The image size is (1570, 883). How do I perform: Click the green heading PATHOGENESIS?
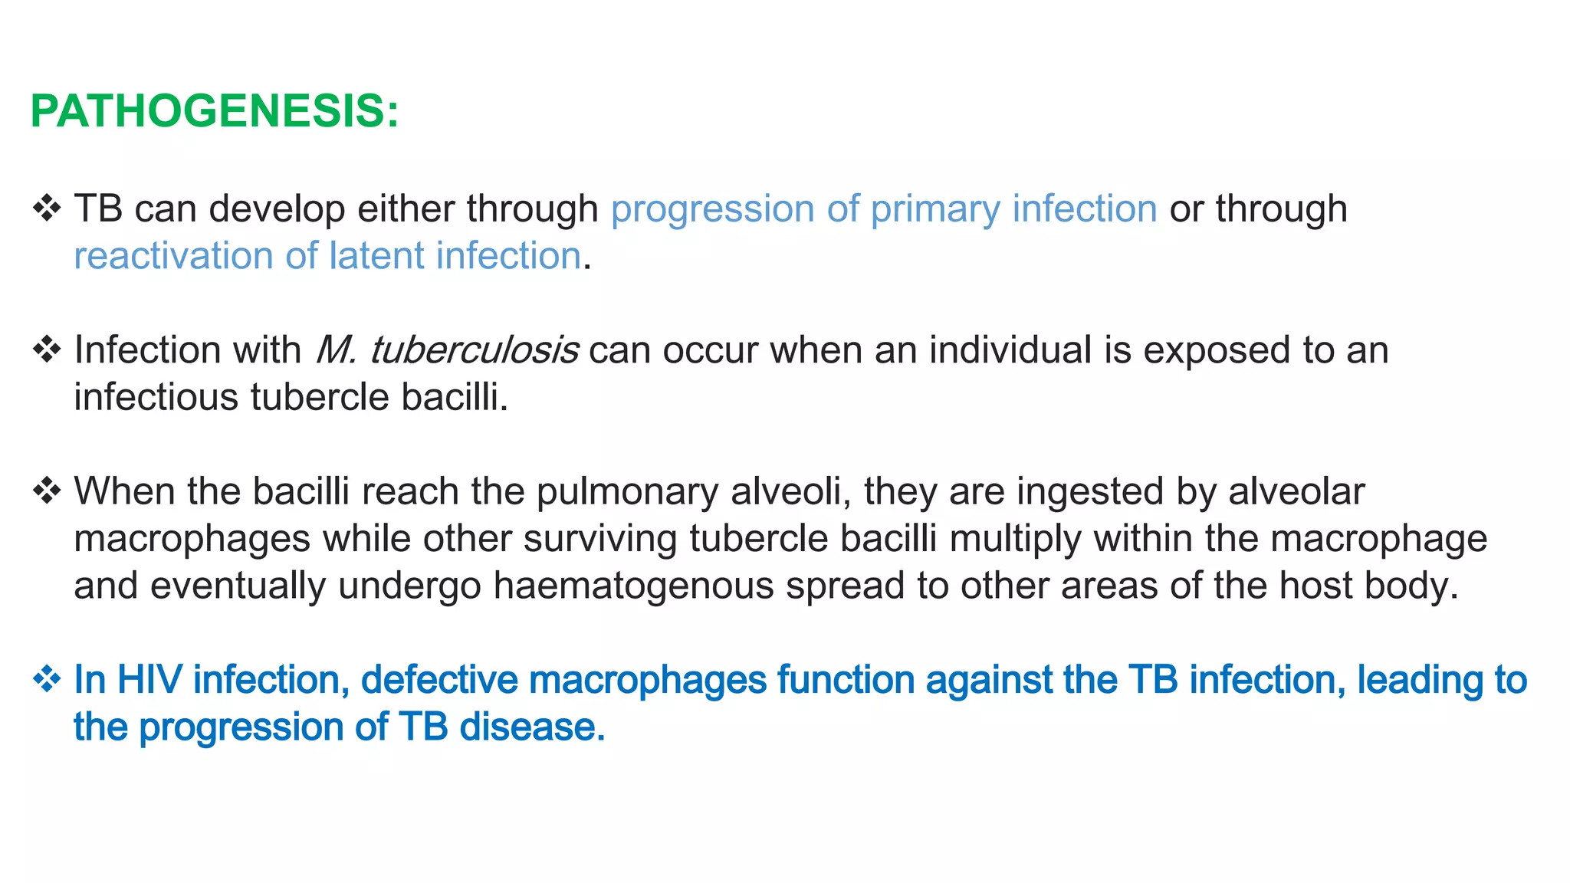[214, 111]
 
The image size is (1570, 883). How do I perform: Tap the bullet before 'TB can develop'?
[47, 208]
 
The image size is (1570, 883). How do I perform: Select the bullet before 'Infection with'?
[47, 350]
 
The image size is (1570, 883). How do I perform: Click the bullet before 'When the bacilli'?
[47, 491]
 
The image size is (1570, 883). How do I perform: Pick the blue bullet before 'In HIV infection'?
[47, 679]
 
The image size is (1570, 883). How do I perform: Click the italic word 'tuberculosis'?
[474, 350]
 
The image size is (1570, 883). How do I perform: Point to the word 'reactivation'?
[173, 255]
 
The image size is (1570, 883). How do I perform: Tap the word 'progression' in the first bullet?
[712, 208]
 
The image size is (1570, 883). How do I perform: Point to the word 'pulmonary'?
[627, 491]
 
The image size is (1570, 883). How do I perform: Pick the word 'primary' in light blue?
[935, 208]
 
